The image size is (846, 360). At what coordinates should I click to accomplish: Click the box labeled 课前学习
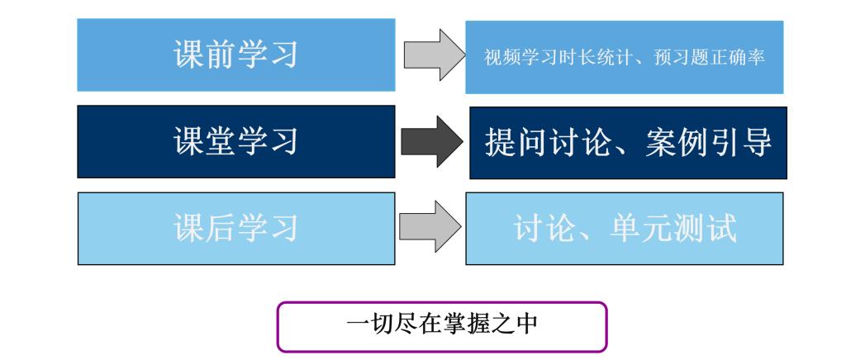[235, 54]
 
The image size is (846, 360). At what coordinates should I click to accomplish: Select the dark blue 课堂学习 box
[235, 141]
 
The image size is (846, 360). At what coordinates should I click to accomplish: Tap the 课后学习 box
[235, 229]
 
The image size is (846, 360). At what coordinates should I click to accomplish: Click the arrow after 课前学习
[435, 55]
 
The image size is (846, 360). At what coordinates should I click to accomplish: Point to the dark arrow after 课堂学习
[431, 142]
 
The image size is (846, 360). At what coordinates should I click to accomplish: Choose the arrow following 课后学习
[430, 226]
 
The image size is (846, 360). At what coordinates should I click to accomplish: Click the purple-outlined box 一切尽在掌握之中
[442, 327]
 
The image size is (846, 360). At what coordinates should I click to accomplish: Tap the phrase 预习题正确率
[710, 58]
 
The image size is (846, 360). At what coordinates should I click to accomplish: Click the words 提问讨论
[547, 142]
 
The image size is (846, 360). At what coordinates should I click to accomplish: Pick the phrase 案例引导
[708, 142]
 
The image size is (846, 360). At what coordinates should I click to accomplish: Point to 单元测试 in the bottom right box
[673, 228]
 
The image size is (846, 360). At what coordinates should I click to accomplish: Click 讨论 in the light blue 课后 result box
[544, 228]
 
